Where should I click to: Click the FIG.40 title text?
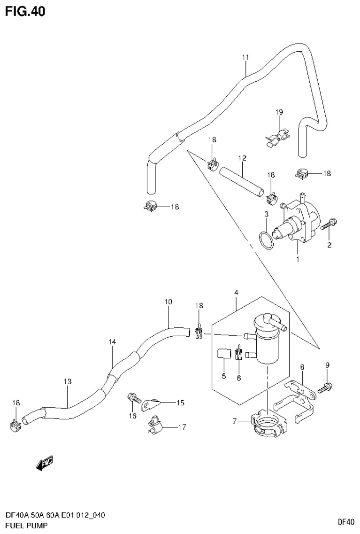(x=25, y=12)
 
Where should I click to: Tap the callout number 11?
(x=245, y=57)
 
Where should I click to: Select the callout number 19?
(x=279, y=112)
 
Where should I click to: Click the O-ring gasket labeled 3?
(x=266, y=240)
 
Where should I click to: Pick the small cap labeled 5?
(x=223, y=353)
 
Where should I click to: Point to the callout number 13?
(x=68, y=381)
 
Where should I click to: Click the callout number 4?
(x=236, y=293)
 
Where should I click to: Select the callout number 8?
(x=302, y=366)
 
